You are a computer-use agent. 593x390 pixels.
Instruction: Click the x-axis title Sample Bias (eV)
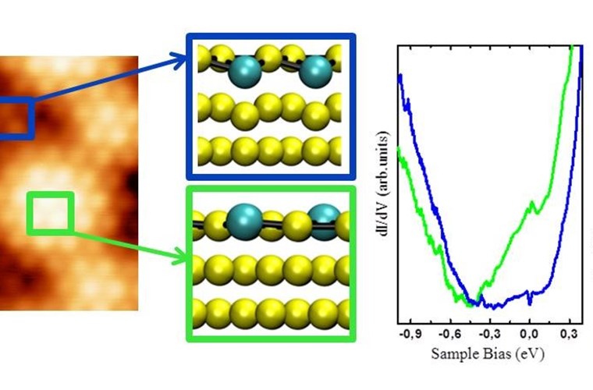click(x=487, y=353)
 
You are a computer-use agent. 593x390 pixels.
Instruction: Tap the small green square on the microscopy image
click(x=51, y=213)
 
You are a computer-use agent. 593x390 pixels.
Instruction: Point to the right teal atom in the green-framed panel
click(x=325, y=221)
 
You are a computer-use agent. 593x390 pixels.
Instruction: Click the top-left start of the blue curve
click(x=399, y=76)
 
